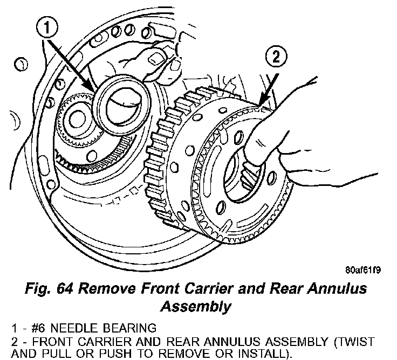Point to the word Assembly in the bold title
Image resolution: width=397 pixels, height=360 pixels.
196,307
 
